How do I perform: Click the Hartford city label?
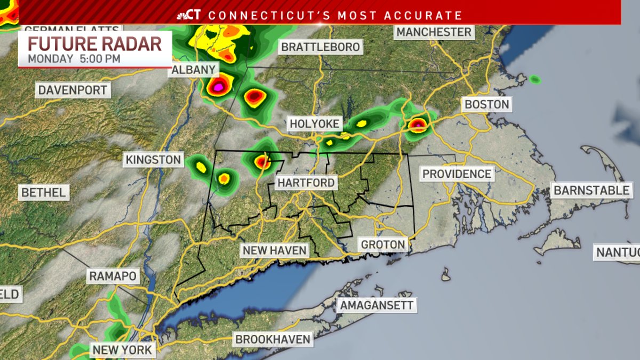tap(306, 183)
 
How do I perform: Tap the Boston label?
tap(487, 104)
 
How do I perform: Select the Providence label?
tap(457, 174)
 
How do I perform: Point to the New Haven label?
tap(274, 250)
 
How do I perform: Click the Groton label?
tap(383, 245)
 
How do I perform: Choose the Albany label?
tap(194, 70)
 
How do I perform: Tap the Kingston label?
tap(154, 159)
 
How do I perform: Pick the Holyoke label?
tap(314, 124)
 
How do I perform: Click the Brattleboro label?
tap(321, 47)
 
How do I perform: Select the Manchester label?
tap(434, 32)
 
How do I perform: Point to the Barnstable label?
tap(591, 190)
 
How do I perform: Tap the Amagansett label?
tap(377, 306)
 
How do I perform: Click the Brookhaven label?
tap(273, 339)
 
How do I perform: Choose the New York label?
tap(123, 350)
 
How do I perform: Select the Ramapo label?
tap(113, 276)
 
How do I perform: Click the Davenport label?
tap(73, 90)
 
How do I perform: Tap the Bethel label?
tap(43, 193)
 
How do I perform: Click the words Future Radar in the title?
tap(95, 44)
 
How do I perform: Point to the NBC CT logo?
tap(190, 14)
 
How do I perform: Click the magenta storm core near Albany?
tap(218, 86)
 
